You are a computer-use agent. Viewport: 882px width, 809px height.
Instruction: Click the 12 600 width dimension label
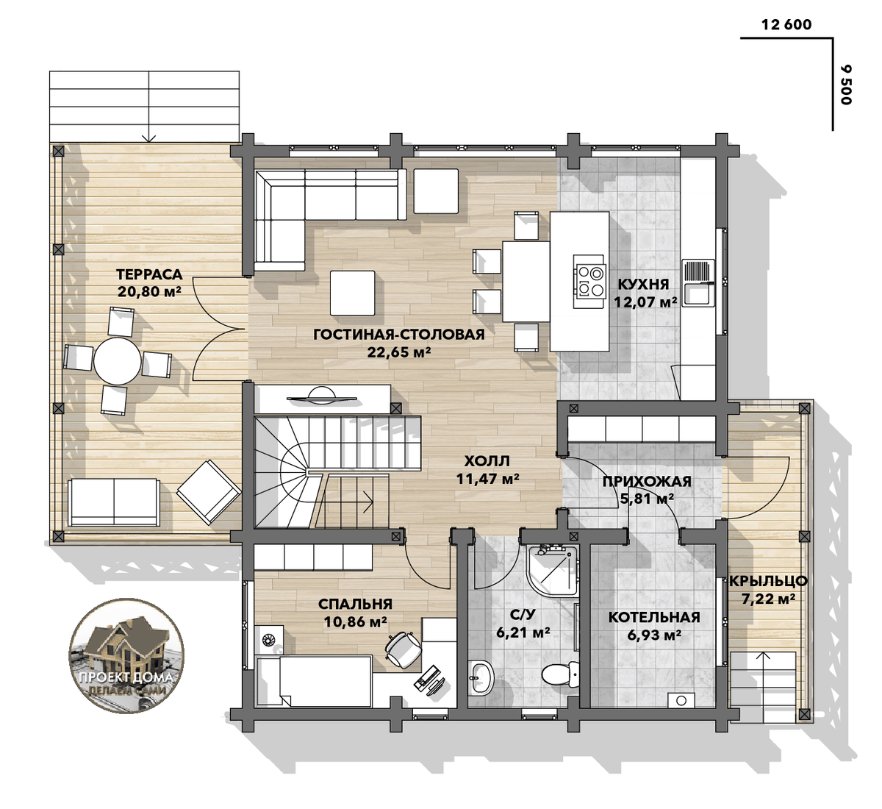(x=786, y=25)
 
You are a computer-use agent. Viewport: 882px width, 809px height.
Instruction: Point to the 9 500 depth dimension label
(x=845, y=85)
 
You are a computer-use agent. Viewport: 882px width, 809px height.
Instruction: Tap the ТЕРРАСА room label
(x=149, y=274)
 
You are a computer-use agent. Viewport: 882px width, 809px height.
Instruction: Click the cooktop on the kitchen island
(x=589, y=282)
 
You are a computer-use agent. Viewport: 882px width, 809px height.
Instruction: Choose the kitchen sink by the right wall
(x=699, y=282)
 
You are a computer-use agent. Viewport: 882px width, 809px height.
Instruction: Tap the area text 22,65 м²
(x=398, y=352)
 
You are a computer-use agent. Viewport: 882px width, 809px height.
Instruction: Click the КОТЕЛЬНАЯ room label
(x=654, y=617)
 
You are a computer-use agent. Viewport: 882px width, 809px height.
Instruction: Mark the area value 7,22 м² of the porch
(x=768, y=599)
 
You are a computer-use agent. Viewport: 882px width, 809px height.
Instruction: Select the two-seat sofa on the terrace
(x=114, y=502)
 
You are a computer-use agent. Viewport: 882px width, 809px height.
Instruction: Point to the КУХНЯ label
(x=643, y=285)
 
